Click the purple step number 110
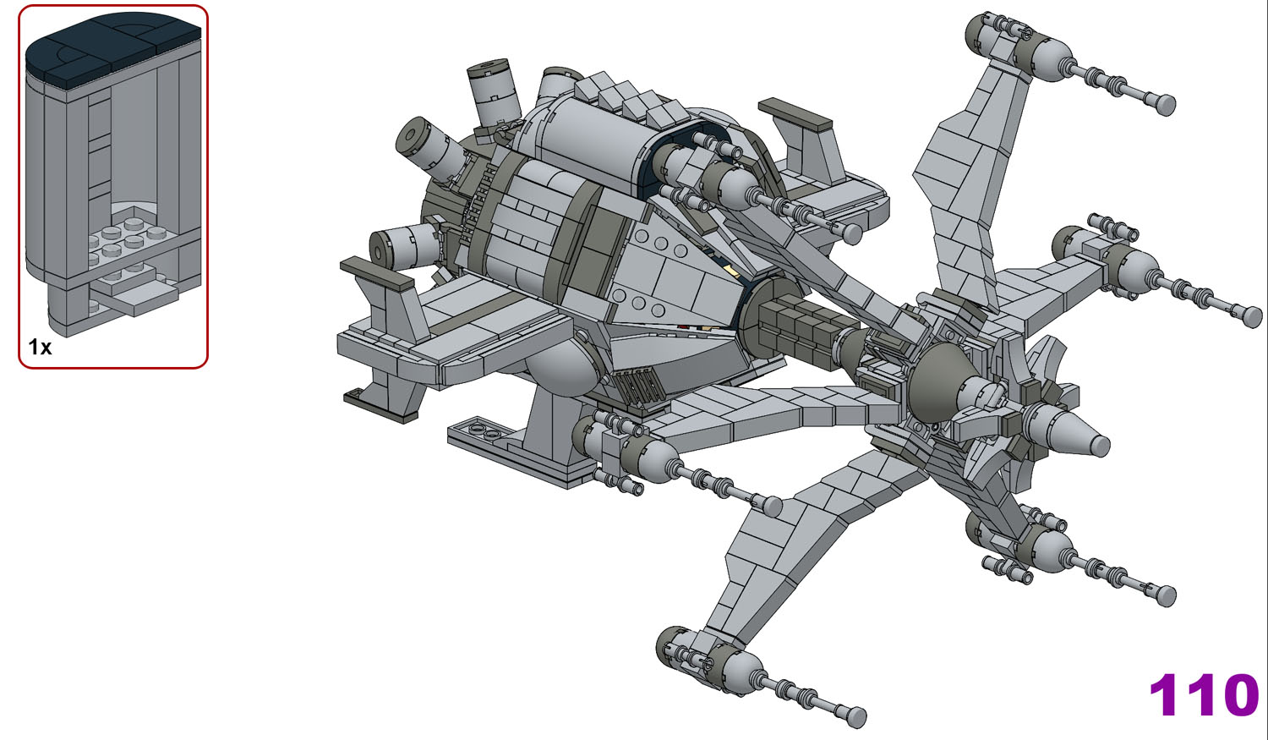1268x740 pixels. [1204, 694]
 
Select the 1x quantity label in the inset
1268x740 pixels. [40, 347]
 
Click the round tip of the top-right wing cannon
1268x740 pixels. [1166, 106]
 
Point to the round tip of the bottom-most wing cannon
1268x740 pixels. [856, 716]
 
